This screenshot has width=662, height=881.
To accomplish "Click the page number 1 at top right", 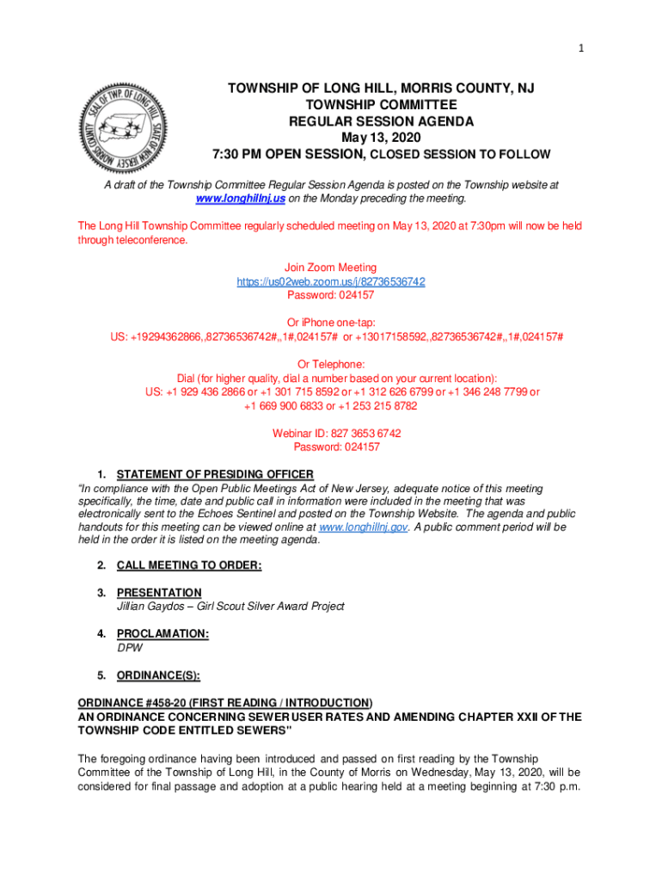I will (581, 48).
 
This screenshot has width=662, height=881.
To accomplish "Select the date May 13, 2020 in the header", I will (380, 138).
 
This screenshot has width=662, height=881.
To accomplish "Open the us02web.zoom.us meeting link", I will (331, 282).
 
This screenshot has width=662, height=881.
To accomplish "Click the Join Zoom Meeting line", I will (330, 268).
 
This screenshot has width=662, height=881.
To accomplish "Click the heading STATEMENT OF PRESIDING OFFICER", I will (215, 474).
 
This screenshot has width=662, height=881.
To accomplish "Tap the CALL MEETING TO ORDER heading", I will (189, 565).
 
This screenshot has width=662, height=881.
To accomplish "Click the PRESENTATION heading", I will (159, 593).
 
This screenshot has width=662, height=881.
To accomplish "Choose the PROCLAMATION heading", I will (162, 634).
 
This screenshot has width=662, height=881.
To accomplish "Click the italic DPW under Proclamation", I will (130, 648).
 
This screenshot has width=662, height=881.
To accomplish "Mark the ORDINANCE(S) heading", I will (158, 675).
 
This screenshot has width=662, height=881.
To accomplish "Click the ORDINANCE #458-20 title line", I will (225, 703).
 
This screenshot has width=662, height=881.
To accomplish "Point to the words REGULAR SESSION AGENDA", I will (380, 121).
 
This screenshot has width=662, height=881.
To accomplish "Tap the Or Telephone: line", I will (331, 364).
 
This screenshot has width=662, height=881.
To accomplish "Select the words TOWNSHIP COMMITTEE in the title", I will (380, 105).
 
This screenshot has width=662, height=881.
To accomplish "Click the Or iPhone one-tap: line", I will (331, 323).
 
